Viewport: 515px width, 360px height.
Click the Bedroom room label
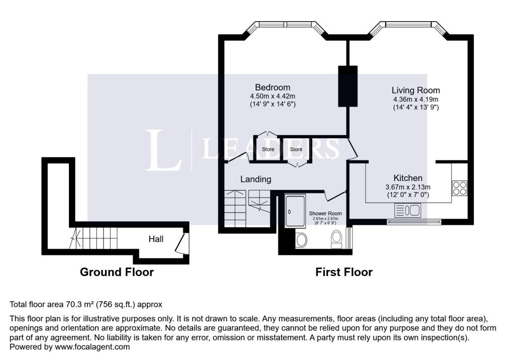pyautogui.click(x=273, y=87)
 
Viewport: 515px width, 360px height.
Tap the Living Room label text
pyautogui.click(x=415, y=91)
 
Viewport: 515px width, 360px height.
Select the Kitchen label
pyautogui.click(x=408, y=178)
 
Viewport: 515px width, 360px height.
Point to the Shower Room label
pyautogui.click(x=325, y=214)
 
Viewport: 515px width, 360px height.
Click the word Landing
pyautogui.click(x=256, y=179)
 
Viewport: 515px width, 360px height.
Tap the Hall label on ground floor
pyautogui.click(x=156, y=239)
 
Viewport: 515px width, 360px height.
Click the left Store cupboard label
pyautogui.click(x=268, y=149)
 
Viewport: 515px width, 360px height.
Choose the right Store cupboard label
pyautogui.click(x=296, y=149)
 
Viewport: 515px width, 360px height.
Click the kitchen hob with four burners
pyautogui.click(x=460, y=188)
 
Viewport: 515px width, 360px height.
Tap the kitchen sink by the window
pyautogui.click(x=407, y=210)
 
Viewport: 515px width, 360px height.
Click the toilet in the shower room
pyautogui.click(x=336, y=239)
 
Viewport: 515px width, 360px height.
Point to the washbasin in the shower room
pyautogui.click(x=301, y=240)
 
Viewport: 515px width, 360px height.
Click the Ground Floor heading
pyautogui.click(x=117, y=273)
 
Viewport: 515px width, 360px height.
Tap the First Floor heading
pyautogui.click(x=344, y=273)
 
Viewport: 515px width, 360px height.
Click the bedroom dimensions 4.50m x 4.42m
pyautogui.click(x=273, y=97)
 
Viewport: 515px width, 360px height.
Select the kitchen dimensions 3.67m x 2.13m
pyautogui.click(x=408, y=187)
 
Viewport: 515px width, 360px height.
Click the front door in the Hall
pyautogui.click(x=181, y=243)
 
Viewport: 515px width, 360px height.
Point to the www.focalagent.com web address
pyautogui.click(x=93, y=347)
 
